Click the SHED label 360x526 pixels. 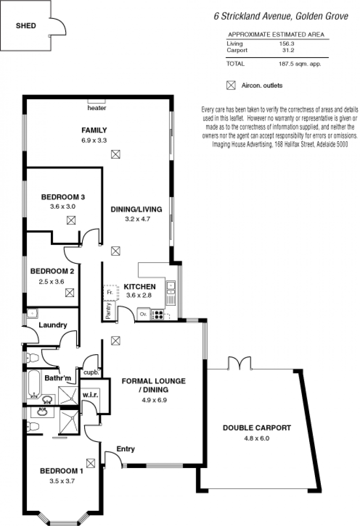26,26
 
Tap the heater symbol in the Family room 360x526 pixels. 97,101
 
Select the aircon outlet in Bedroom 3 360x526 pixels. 71,220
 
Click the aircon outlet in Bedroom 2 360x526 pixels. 69,293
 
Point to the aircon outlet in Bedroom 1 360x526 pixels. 90,463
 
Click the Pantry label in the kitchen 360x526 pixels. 108,311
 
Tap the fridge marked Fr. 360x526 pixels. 111,293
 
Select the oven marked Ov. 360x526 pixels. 144,314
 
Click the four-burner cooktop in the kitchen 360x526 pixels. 157,315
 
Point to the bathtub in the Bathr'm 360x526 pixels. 34,383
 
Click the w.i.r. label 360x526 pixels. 90,395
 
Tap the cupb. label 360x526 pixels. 91,372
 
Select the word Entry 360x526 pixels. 126,449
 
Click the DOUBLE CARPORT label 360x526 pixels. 257,428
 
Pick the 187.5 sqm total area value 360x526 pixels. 300,64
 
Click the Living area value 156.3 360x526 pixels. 287,44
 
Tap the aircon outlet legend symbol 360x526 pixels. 231,85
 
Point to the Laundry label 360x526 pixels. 53,325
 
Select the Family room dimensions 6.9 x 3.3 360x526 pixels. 94,140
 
